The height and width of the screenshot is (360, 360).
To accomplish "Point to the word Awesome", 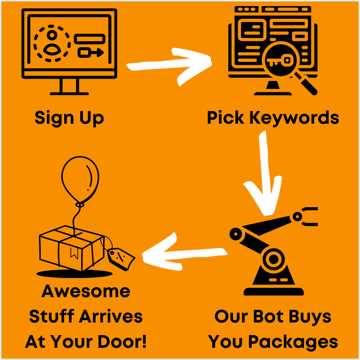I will coord(86,292).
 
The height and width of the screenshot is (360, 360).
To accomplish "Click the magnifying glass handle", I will coord(307,84).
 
